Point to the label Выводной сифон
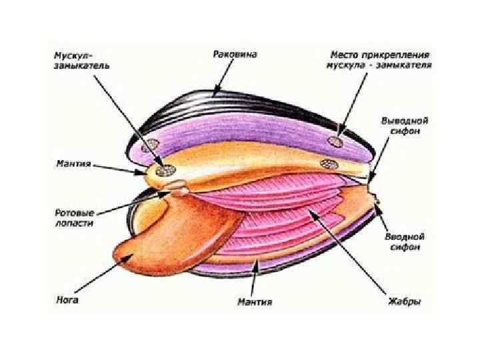coord(404,127)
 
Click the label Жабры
coord(405,302)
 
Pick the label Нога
coord(67,300)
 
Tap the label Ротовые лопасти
coord(74,219)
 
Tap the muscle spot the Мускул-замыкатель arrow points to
coord(162,170)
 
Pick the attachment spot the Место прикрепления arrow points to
coord(333,141)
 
